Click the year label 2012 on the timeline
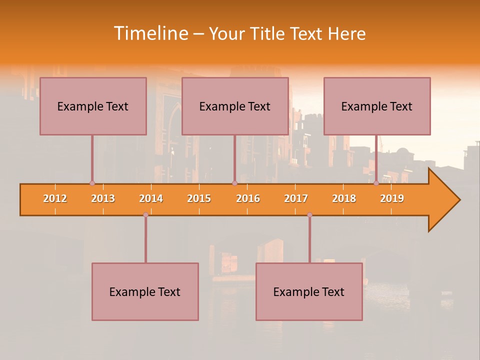[x=55, y=198]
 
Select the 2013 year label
[x=103, y=198]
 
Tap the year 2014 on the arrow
[x=151, y=198]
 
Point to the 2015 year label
[x=199, y=198]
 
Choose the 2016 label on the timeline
[x=248, y=198]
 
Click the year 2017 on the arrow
[x=296, y=198]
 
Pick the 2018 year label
[x=344, y=198]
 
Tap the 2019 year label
[x=392, y=198]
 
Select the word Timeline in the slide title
[x=150, y=33]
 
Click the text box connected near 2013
[x=93, y=106]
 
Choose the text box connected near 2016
[x=235, y=106]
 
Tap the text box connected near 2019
[x=377, y=106]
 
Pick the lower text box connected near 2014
[x=145, y=291]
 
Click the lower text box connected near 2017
[x=309, y=291]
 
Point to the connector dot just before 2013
[x=92, y=183]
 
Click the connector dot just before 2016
[x=234, y=183]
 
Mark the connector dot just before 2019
[x=376, y=183]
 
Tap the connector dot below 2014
[x=145, y=214]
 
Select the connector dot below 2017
[x=309, y=214]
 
